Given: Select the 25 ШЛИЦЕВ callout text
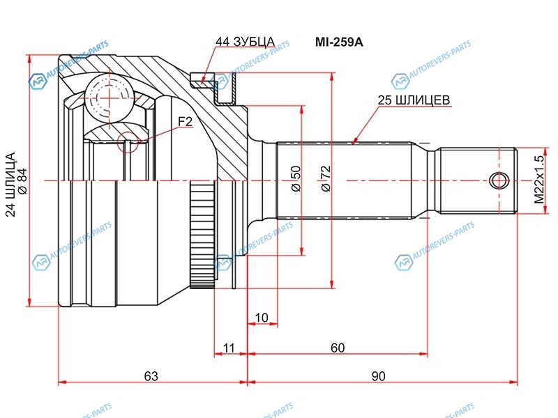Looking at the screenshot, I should click(414, 100).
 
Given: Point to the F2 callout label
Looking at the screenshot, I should click(185, 122).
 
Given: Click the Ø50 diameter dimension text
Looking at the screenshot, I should click(295, 179).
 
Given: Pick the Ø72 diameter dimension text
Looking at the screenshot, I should click(325, 179).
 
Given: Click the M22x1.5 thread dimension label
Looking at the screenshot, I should click(538, 180).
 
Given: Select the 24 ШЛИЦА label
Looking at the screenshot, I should click(10, 185).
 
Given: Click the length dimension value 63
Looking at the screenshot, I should click(151, 376).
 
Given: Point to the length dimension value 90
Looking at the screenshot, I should click(378, 376).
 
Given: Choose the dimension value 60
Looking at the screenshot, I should click(338, 347).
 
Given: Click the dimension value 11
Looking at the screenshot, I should click(228, 347).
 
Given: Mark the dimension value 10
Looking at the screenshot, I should click(262, 318).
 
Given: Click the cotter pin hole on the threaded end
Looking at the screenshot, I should click(497, 180).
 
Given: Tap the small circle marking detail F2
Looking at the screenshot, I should click(128, 142).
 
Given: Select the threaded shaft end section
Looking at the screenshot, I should click(478, 180).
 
